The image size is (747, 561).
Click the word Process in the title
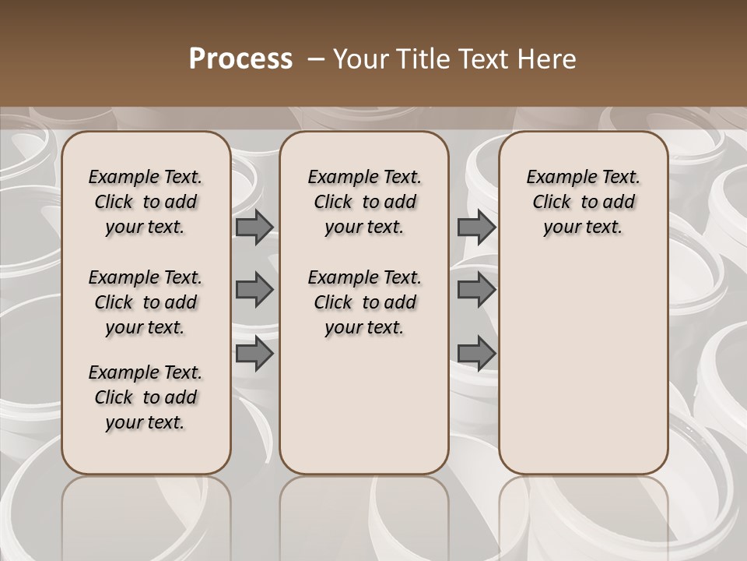pos(240,59)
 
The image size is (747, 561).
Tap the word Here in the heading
pos(548,59)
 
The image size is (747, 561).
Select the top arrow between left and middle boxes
pos(254,227)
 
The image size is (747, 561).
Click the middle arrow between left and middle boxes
pos(254,290)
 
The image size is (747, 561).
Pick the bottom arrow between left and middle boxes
pos(254,353)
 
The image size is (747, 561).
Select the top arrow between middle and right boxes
pos(475,227)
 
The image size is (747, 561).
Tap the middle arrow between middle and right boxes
pos(475,290)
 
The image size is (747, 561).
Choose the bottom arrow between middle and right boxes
pos(475,353)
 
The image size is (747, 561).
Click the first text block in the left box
pos(146,202)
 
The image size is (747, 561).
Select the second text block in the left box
pos(146,302)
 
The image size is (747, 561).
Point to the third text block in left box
pos(146,397)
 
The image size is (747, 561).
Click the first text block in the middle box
pos(364,202)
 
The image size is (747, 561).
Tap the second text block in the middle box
pos(364,302)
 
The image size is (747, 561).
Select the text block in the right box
pos(583,202)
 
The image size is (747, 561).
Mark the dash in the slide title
pos(316,59)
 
